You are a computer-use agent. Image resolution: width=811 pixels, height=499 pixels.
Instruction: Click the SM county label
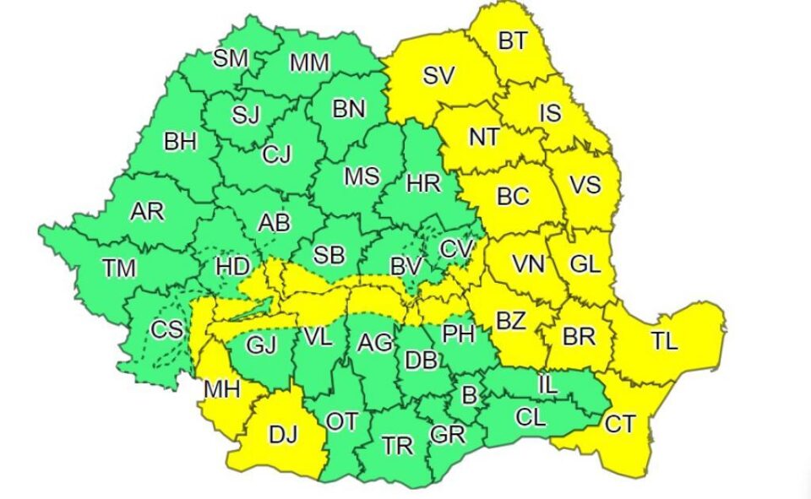(x=230, y=58)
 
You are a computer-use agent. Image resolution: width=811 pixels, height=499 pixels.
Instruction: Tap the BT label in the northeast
(x=512, y=43)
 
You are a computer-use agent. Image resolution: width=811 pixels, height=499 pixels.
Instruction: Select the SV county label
(x=439, y=75)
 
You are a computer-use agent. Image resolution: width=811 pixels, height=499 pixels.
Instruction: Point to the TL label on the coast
(x=664, y=342)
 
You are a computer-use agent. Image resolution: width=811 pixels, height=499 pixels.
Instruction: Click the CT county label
(x=619, y=424)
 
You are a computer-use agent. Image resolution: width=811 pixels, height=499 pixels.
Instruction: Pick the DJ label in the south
(x=283, y=436)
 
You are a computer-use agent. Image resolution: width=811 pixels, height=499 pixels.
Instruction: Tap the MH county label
(x=221, y=390)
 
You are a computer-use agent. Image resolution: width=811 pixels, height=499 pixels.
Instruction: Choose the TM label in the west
(x=119, y=268)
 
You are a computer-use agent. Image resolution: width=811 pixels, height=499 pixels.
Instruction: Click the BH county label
(x=180, y=142)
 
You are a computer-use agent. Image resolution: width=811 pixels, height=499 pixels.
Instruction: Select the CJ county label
(x=276, y=155)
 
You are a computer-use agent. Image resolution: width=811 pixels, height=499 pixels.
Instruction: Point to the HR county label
(x=422, y=182)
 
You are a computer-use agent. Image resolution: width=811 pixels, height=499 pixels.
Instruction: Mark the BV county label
(x=405, y=266)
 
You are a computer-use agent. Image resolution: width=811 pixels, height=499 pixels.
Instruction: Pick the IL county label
(x=547, y=385)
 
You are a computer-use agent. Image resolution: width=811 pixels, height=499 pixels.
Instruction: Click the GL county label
(x=585, y=263)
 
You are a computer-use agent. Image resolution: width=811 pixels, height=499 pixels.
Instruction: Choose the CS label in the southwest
(x=166, y=329)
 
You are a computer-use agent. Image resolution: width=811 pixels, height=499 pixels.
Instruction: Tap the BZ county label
(x=510, y=321)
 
